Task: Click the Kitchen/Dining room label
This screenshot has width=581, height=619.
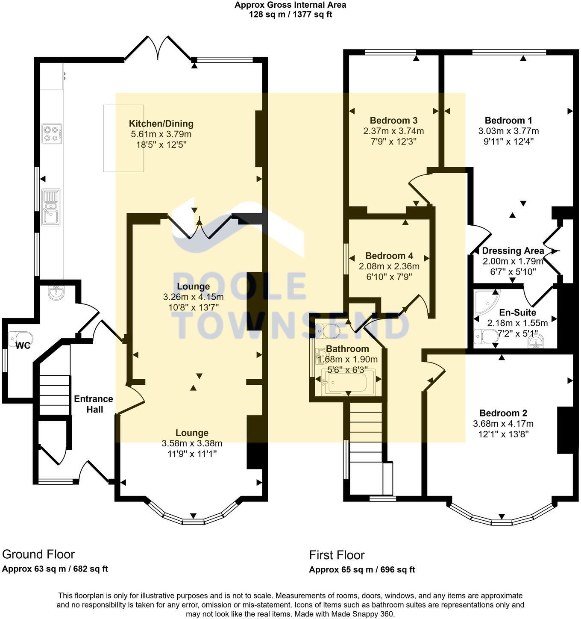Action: [161, 124]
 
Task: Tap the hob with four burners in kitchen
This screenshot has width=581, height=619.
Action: [52, 133]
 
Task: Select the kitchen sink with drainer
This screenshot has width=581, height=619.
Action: [51, 207]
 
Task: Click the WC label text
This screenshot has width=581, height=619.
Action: [23, 345]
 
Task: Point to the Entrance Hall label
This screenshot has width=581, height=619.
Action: [94, 404]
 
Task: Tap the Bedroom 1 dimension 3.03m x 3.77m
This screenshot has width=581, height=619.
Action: [508, 131]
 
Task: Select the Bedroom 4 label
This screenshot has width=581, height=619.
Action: [389, 256]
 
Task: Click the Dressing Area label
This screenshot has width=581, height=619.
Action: [513, 251]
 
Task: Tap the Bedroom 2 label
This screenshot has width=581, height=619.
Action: [503, 413]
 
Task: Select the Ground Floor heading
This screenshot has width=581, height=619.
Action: [38, 554]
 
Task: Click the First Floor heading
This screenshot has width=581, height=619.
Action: [337, 555]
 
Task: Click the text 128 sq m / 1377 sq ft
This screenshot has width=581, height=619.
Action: [290, 15]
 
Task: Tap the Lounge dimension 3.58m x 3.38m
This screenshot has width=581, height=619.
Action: [192, 443]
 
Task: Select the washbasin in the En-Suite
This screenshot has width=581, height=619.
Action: [536, 341]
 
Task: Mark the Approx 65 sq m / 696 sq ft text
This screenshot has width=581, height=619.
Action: [362, 569]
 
